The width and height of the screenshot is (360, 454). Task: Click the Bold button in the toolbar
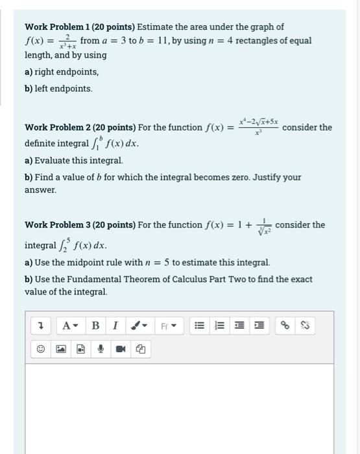click(95, 326)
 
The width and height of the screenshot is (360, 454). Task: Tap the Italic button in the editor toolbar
click(115, 326)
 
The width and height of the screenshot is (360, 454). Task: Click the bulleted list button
click(199, 326)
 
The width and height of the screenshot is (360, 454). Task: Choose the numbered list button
click(219, 326)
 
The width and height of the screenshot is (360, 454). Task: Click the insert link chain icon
click(284, 326)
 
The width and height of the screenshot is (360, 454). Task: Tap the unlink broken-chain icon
click(305, 326)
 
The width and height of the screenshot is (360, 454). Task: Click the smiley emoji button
click(40, 349)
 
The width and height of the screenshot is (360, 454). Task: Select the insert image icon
click(60, 349)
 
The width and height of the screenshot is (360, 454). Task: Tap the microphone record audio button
click(101, 349)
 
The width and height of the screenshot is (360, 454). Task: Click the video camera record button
click(121, 349)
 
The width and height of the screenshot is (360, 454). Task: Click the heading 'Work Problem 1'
click(57, 27)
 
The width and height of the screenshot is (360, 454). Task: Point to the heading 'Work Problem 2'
click(57, 127)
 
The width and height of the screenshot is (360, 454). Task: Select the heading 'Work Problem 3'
click(57, 225)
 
